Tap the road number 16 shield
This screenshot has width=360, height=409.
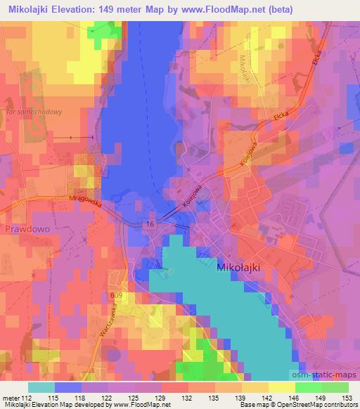coord(150,223)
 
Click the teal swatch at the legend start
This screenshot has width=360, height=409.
coord(41,387)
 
